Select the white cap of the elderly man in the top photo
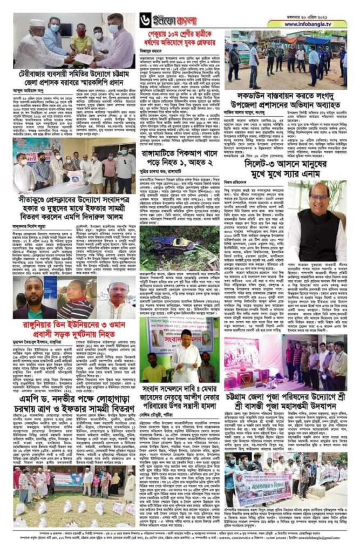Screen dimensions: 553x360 point(38,23)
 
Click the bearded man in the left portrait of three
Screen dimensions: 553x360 point(33,297)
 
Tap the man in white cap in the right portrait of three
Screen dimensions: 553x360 point(116,297)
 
